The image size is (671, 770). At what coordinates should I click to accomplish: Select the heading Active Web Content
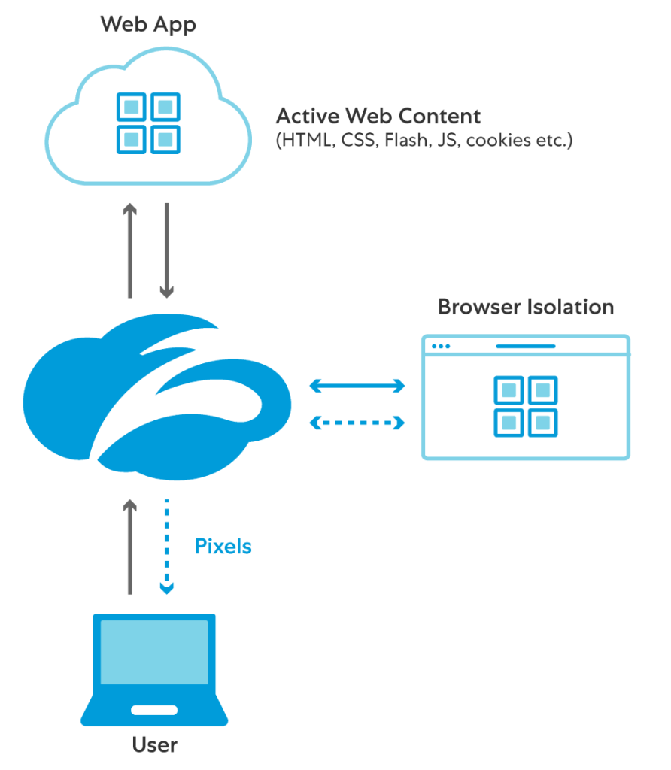(x=378, y=117)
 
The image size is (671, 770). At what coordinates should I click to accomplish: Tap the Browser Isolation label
(x=525, y=307)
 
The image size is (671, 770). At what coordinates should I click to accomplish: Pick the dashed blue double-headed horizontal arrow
(x=357, y=423)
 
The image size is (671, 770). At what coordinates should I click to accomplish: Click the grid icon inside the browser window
(x=525, y=406)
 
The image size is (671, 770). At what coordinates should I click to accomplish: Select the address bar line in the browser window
(x=525, y=347)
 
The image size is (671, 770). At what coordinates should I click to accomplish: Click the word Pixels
(x=223, y=547)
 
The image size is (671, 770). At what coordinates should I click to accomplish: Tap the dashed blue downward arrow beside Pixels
(x=167, y=545)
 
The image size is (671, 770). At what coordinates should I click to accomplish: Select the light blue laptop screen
(x=154, y=652)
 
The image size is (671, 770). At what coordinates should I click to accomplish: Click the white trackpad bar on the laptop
(x=154, y=710)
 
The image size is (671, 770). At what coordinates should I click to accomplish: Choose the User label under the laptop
(x=155, y=745)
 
